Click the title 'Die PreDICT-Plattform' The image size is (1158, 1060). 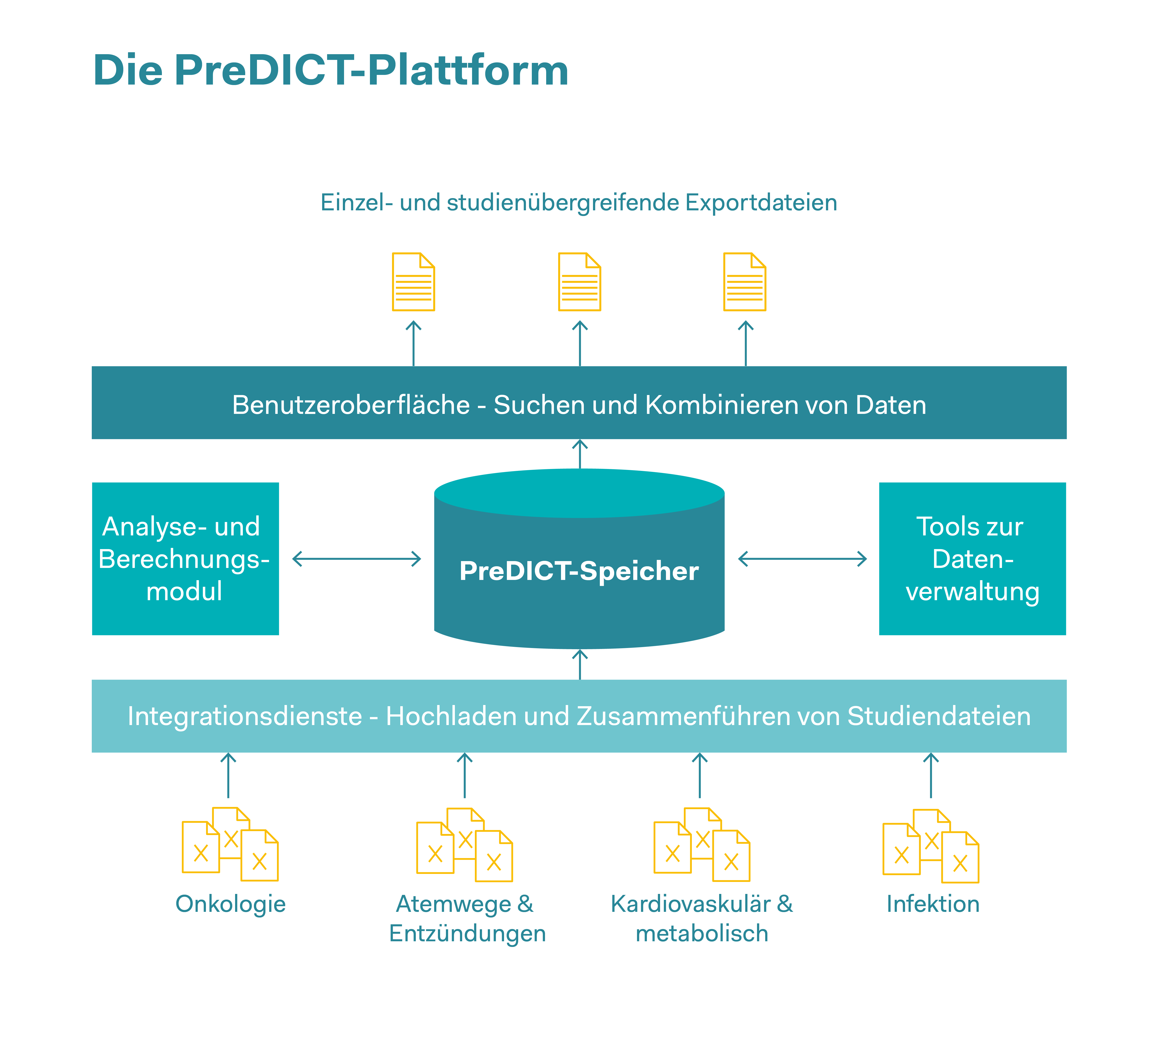coord(330,70)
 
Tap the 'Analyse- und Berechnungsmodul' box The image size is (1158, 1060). coord(185,558)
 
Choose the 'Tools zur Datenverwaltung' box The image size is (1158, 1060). coord(972,558)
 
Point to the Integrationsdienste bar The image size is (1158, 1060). coord(579,716)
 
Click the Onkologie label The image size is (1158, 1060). coord(230,904)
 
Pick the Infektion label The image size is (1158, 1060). coord(932,904)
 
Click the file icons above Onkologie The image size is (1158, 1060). coord(230,844)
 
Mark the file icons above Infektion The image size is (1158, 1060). coord(930,846)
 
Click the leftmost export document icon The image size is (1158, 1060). coord(414,282)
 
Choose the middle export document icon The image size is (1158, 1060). coord(580,282)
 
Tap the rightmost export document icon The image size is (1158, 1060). coord(745,282)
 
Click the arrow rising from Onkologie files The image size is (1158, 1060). coord(229,775)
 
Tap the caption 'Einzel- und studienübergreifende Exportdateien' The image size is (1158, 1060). coord(578,202)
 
